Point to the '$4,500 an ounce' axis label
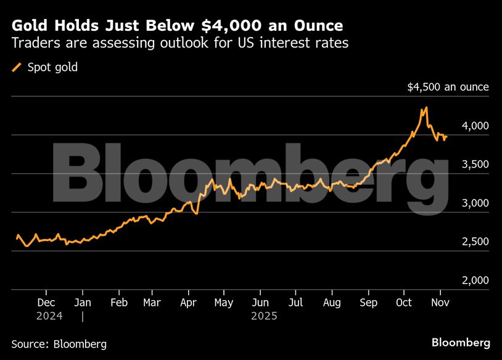point(448,87)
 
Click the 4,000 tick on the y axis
point(475,126)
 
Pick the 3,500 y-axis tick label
point(475,165)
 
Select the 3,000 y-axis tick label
point(475,203)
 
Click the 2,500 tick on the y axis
point(475,242)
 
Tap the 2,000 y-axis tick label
point(475,280)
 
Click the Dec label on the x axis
point(46,303)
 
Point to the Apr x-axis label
point(188,303)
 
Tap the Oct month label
point(403,303)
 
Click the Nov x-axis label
point(440,303)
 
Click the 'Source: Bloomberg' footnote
point(59,343)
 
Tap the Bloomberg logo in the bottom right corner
point(461,342)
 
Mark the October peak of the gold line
point(426,108)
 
